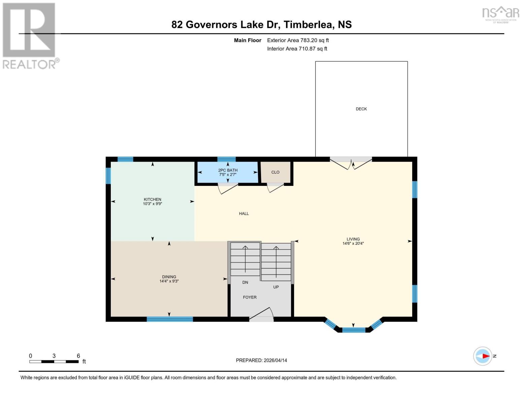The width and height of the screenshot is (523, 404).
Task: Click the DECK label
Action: coord(361,109)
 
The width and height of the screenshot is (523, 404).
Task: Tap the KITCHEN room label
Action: coord(152,199)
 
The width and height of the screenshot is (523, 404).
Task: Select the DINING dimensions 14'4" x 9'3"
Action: coord(169,281)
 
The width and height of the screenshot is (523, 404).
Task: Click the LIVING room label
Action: coord(353,239)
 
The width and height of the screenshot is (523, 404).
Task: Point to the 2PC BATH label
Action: coord(228,170)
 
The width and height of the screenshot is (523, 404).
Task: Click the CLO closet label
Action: coord(275,172)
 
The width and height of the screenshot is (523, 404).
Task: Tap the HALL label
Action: coord(244,213)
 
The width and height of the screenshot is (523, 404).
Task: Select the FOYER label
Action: coord(250,297)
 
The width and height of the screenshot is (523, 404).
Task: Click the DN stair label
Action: coord(245,282)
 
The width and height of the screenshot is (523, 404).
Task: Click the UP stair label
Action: coord(276,287)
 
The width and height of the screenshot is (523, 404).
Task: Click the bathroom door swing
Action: coord(228,189)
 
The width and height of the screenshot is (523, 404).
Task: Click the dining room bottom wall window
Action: coord(170,319)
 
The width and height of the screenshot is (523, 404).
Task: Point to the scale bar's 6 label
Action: coord(78,356)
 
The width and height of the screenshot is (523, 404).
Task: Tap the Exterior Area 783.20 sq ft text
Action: coord(298,40)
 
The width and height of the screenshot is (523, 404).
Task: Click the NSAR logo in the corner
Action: coord(500,13)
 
